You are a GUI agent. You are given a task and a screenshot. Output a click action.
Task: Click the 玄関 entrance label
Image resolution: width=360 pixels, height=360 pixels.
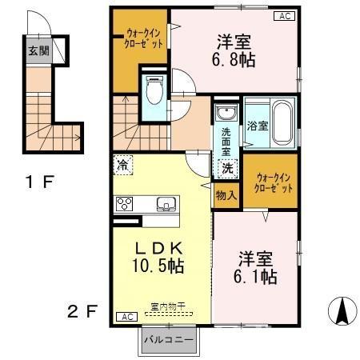click(x=38, y=50)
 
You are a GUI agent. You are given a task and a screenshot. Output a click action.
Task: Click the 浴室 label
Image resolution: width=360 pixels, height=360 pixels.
click(x=258, y=126)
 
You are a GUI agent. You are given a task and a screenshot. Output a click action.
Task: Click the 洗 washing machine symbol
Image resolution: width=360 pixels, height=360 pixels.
click(x=227, y=168)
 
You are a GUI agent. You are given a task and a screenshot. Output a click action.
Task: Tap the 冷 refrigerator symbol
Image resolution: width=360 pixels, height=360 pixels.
click(x=122, y=165)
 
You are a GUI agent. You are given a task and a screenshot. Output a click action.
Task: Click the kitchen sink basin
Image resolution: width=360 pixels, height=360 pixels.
click(x=167, y=203)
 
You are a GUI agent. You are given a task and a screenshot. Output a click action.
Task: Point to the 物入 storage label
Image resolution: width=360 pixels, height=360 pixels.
click(x=226, y=194)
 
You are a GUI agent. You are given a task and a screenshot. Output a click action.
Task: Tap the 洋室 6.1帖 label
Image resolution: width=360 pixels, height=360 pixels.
click(x=257, y=269)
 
